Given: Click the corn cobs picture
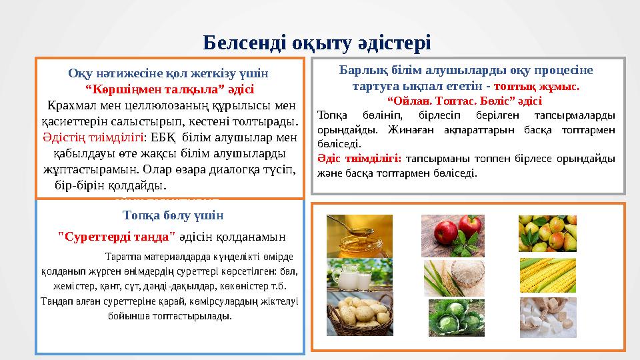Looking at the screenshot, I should pos(547,275).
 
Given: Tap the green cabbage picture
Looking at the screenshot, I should pos(456,317).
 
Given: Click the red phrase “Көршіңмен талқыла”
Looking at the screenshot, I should pos(169,89).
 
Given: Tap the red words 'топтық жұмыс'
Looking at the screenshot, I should pos(538,87).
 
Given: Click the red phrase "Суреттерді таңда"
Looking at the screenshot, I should pos(117,235).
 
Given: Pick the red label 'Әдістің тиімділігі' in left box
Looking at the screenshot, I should pos(93,137).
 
